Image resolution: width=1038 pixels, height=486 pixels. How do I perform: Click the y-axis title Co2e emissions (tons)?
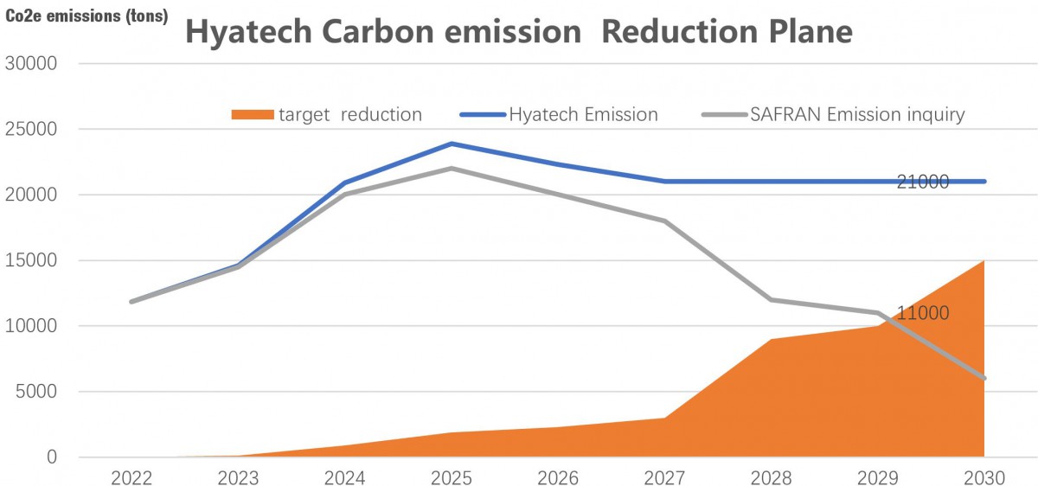point(87,15)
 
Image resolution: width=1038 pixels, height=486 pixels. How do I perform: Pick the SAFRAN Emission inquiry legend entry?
point(830,114)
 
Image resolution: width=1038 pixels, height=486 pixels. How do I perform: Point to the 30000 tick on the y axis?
point(32,63)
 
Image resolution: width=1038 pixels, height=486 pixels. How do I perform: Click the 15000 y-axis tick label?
point(32,260)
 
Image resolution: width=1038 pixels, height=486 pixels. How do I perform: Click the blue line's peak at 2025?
point(452,144)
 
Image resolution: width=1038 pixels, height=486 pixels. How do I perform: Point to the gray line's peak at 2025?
point(452,169)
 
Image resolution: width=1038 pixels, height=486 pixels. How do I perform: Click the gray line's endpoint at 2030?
point(984,378)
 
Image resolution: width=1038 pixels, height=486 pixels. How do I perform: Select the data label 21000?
point(922,182)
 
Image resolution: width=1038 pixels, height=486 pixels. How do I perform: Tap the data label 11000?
point(922,313)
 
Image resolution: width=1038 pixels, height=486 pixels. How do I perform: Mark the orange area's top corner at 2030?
point(984,261)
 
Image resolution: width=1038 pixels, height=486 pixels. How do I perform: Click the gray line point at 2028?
point(772,300)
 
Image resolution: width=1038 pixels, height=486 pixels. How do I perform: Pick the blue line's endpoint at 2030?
point(984,182)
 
